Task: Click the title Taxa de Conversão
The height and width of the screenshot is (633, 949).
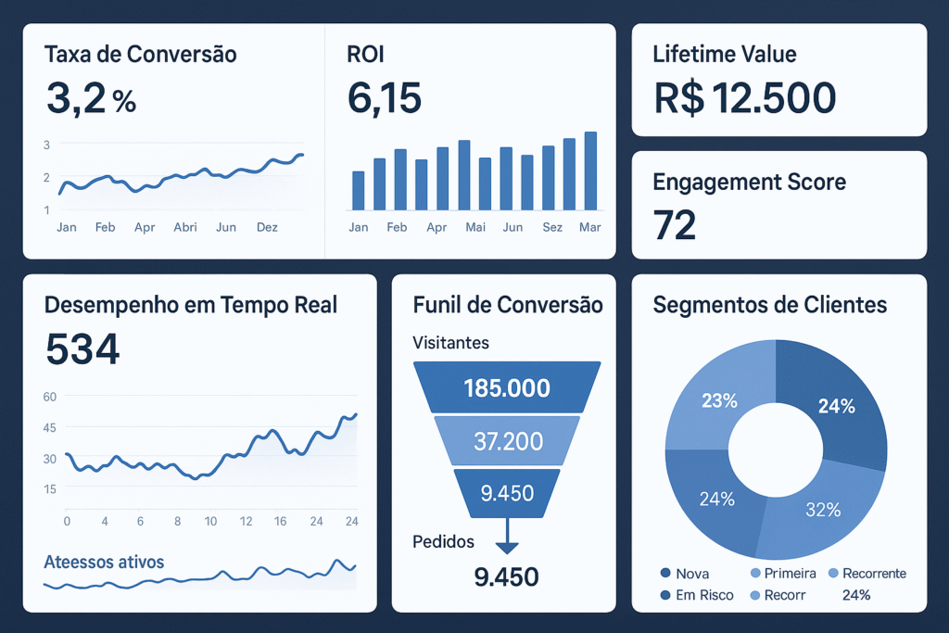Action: click(x=140, y=55)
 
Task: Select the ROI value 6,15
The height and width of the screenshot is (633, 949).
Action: click(x=385, y=97)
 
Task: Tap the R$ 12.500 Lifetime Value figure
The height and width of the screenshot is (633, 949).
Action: click(x=744, y=97)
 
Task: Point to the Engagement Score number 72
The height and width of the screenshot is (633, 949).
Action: click(x=674, y=225)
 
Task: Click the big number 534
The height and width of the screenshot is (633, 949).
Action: click(x=82, y=349)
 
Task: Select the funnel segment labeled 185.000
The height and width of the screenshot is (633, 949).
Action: click(x=506, y=387)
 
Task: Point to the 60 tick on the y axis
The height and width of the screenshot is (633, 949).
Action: click(x=50, y=397)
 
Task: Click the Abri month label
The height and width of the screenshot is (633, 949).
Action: click(x=185, y=227)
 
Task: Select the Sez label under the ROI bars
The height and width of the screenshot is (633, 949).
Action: click(x=552, y=227)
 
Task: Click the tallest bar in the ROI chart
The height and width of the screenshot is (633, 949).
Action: click(x=590, y=171)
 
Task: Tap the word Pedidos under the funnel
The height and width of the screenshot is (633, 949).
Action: click(x=443, y=541)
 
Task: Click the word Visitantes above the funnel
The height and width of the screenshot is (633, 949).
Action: click(x=450, y=343)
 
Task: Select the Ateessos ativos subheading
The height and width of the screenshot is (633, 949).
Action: click(x=104, y=562)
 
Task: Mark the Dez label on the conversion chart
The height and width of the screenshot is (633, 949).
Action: click(x=267, y=227)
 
